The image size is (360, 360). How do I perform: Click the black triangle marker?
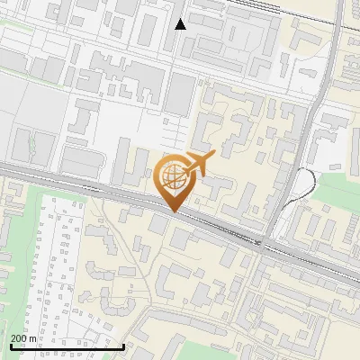(180, 24)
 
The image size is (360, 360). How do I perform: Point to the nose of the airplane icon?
(213, 156)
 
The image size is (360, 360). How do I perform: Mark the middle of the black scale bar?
(67, 346)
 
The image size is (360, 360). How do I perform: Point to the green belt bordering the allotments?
(27, 216)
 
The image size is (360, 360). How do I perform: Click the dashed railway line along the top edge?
(270, 8)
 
